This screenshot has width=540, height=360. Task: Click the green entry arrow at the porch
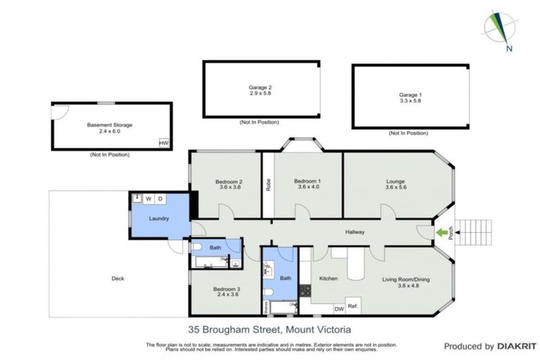tap(442, 231)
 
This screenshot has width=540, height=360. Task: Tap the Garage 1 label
tap(411, 95)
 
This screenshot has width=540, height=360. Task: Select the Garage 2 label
tap(260, 88)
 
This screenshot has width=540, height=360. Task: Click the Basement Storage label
tap(110, 125)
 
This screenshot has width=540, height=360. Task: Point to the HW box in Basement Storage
tap(164, 143)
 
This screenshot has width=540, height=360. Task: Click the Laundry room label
tap(158, 218)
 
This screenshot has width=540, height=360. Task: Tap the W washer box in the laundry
tap(149, 199)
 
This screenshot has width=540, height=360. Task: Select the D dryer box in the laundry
tap(160, 199)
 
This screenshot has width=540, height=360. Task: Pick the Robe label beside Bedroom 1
tap(268, 186)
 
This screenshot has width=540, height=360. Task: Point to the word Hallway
tap(354, 232)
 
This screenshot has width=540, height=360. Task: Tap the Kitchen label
tap(328, 278)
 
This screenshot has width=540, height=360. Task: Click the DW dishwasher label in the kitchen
tap(338, 308)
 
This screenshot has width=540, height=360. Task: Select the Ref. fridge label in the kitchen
tap(353, 307)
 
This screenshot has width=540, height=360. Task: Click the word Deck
tap(118, 278)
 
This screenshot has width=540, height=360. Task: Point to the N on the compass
tap(509, 49)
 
